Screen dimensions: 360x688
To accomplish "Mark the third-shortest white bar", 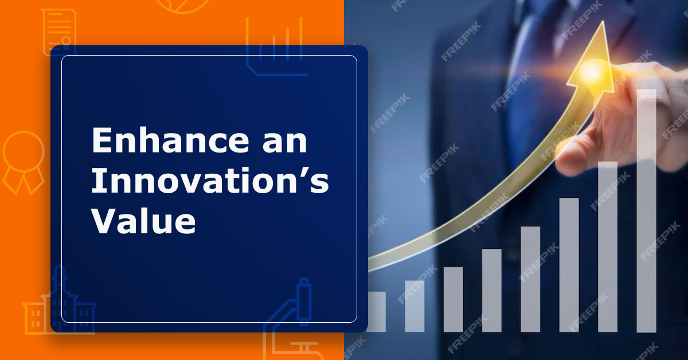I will coord(453,299).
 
